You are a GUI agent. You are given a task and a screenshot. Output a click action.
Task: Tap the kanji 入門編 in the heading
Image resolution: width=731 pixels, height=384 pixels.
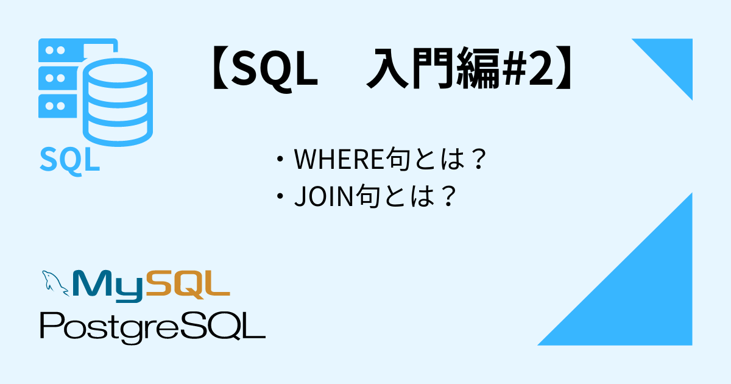point(433,68)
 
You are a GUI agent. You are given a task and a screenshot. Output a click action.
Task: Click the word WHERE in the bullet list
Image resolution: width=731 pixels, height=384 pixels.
point(339,159)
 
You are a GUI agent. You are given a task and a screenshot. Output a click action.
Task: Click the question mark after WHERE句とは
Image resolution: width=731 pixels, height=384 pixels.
point(479,158)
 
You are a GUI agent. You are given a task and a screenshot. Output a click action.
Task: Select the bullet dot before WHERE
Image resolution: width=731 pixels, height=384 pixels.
point(280,160)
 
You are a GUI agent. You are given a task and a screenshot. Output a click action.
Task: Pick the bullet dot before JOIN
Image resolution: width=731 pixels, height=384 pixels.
point(280,196)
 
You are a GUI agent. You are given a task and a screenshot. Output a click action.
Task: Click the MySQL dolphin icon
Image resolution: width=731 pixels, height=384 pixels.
point(55,283)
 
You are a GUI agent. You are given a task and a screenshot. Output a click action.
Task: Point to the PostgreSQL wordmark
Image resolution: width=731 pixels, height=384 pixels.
point(152,328)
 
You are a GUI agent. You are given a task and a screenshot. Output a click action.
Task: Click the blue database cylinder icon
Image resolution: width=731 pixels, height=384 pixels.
point(118,102)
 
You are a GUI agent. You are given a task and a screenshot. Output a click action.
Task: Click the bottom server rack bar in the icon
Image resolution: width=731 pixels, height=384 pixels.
point(58,106)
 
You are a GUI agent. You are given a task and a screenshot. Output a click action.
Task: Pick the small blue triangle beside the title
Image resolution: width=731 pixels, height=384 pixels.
point(673,59)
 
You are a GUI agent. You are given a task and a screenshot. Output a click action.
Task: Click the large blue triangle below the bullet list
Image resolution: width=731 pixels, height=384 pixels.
point(641,294)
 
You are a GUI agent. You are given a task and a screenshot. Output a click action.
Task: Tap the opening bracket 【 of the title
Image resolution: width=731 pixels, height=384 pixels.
point(221,68)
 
